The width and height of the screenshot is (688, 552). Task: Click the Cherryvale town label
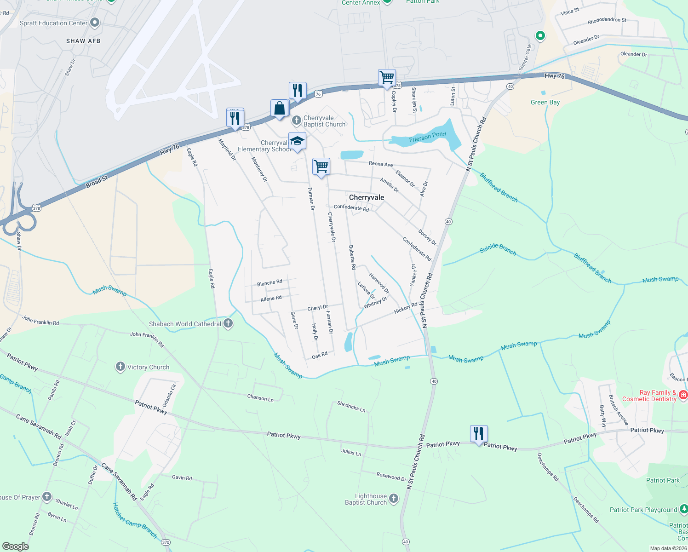[367, 197]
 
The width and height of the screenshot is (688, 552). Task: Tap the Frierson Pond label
[427, 137]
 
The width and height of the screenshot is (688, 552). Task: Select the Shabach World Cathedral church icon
[228, 323]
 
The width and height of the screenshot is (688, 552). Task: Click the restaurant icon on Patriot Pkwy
[479, 433]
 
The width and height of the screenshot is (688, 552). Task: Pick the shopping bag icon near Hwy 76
[279, 109]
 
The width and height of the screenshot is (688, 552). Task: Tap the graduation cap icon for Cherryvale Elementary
[297, 141]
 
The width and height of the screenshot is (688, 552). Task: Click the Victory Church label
[148, 367]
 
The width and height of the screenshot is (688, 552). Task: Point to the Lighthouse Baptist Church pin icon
[394, 498]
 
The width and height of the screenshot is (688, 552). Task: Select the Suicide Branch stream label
[498, 249]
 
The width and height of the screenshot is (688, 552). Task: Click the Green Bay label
[545, 102]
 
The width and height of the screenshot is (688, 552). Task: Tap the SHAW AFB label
[83, 41]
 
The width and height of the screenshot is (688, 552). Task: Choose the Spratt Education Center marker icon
[95, 22]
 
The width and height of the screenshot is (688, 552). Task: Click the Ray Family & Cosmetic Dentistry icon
[683, 395]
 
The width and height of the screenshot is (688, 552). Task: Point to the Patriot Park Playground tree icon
[683, 509]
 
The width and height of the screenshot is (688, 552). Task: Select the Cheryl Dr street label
[317, 308]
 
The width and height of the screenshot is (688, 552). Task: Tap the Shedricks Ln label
[351, 406]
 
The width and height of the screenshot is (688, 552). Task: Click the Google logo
[16, 546]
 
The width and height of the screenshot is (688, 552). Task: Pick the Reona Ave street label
[381, 164]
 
